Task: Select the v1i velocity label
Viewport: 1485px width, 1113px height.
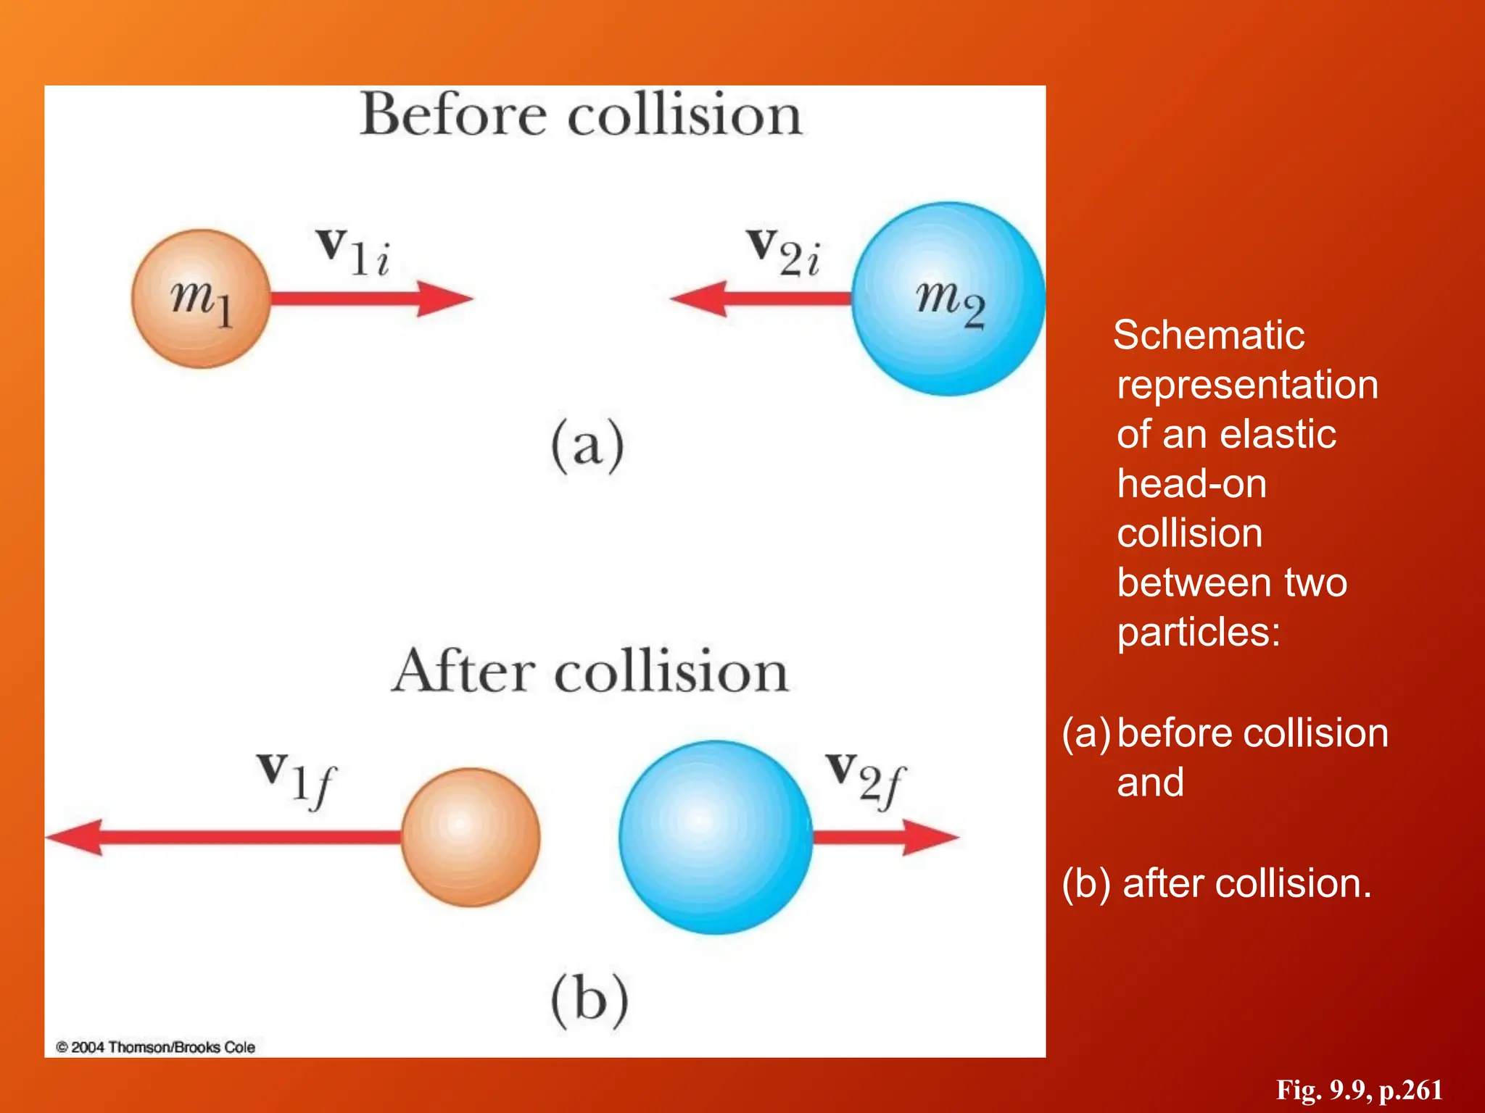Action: [354, 251]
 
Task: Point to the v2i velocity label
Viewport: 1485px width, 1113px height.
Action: [784, 251]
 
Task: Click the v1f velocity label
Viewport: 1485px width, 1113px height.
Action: [297, 781]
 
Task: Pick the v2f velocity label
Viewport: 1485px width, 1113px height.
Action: [866, 781]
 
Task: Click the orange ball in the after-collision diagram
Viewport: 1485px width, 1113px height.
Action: [471, 837]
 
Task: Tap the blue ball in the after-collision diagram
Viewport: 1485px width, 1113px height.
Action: [716, 837]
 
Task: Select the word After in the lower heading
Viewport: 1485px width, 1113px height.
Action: [463, 671]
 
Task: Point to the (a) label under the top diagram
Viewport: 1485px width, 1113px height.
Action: [587, 446]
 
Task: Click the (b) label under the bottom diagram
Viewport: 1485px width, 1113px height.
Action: [590, 999]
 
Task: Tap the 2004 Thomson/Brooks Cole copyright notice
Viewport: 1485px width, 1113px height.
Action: [156, 1047]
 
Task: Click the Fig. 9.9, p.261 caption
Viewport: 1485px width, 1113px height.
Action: [1359, 1090]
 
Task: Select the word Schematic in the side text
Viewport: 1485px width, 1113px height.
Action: [1209, 335]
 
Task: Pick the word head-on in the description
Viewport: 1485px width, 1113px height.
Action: [1192, 483]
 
